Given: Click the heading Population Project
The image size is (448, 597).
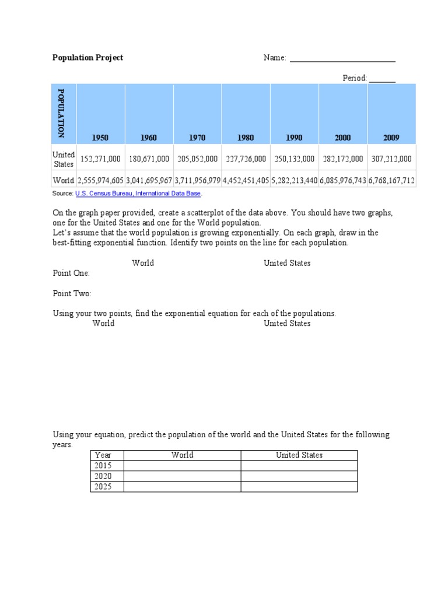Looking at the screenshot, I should click(87, 58).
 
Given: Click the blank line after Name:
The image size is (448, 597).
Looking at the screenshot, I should click(342, 58).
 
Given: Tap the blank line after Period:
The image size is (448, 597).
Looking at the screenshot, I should click(382, 79).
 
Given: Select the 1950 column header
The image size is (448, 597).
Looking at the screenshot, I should click(100, 138).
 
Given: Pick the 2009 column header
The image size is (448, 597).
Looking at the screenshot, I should click(391, 138).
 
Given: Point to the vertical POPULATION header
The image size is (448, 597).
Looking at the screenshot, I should click(61, 113).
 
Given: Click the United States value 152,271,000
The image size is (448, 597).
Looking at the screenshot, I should click(100, 159).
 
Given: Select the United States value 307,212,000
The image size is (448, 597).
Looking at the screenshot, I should click(391, 159).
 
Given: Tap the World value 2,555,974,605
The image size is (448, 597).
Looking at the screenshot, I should click(100, 181).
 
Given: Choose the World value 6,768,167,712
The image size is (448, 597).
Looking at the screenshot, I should click(391, 181).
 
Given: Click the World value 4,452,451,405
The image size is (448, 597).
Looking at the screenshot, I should click(246, 181).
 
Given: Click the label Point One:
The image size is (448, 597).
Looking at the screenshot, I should click(71, 273).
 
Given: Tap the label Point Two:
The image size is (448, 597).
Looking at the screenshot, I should click(72, 294).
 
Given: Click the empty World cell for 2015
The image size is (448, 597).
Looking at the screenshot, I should click(182, 466).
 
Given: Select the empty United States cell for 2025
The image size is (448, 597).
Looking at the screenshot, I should click(299, 487).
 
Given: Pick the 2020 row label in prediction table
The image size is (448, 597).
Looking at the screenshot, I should click(103, 476).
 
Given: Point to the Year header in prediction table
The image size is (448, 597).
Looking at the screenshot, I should click(103, 455).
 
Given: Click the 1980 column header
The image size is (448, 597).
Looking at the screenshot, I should click(246, 138).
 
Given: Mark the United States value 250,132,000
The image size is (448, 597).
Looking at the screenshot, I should click(295, 159).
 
